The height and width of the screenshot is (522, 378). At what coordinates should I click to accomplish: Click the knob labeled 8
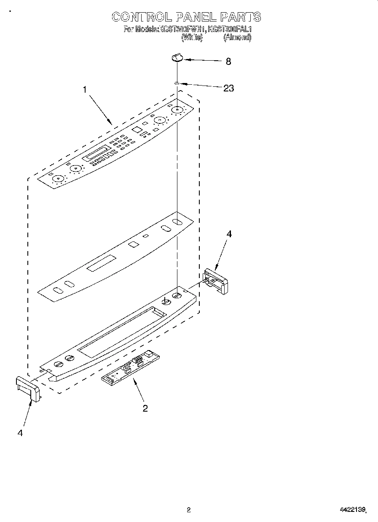177,57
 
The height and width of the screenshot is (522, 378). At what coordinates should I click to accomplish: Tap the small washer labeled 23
177,84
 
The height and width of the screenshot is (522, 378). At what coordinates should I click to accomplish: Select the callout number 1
85,89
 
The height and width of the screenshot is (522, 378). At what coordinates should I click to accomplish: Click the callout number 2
145,408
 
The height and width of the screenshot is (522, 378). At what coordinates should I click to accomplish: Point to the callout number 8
228,62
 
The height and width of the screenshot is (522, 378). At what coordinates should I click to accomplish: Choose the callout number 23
228,88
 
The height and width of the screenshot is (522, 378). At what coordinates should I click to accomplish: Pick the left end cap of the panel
28,388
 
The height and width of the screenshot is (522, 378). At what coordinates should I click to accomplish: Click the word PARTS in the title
241,17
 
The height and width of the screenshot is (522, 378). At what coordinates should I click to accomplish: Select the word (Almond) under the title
237,37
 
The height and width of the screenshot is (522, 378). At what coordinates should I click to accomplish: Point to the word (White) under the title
192,37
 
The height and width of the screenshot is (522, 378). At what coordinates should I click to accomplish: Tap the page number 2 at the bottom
188,510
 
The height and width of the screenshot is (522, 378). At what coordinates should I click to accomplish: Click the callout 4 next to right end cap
229,234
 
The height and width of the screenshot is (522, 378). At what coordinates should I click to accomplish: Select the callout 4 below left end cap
20,432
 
